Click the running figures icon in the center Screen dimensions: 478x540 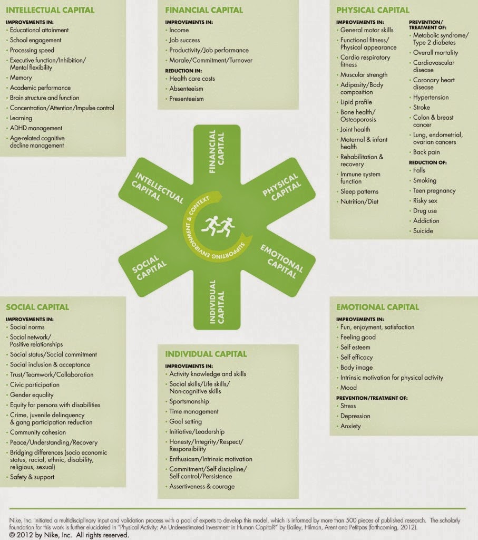pos(218,226)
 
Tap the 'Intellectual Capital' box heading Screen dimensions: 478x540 pos(50,10)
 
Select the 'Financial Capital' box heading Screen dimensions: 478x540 pos(204,10)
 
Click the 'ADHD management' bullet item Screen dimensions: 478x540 pos(36,128)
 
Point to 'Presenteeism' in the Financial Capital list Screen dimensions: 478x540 pos(187,99)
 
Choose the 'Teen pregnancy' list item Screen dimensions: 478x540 pos(434,191)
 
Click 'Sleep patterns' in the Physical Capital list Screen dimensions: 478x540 pos(359,191)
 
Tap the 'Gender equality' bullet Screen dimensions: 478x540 pos(32,395)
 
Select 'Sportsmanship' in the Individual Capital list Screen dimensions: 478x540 pos(189,401)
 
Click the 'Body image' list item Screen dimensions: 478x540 pos(356,368)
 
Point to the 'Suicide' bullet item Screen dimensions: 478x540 pos(423,231)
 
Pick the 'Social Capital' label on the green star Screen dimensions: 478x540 pos(149,267)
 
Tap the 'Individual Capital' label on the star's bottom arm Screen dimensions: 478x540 pos(217,302)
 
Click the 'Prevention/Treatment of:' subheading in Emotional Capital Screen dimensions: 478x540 pos(372,398)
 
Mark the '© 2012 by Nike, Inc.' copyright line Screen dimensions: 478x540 pos(69,535)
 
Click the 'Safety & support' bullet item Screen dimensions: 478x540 pos(32,477)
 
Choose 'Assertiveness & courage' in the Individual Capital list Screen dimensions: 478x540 pos(202,487)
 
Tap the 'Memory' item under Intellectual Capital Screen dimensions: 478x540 pos(21,78)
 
